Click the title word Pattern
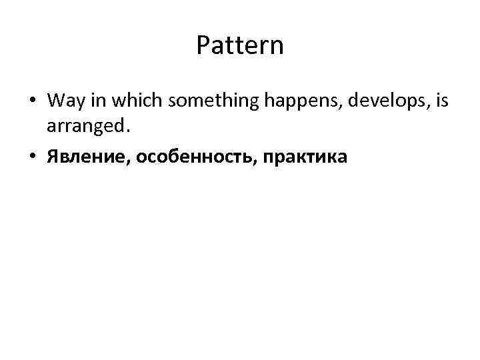click(240, 46)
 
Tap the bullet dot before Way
click(33, 101)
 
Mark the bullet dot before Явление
click(33, 157)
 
